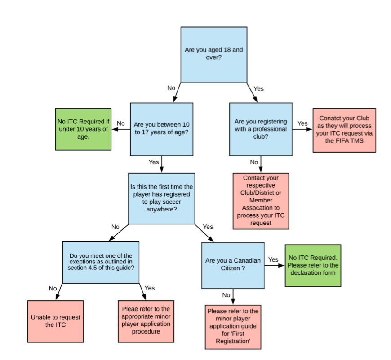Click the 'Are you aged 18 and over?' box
(214, 55)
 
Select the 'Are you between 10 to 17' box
(162, 129)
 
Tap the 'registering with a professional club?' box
(261, 129)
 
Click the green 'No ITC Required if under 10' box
(83, 129)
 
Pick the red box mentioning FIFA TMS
(344, 130)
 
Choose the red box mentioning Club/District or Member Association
(261, 201)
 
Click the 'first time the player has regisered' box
(162, 198)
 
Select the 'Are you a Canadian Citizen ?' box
(233, 265)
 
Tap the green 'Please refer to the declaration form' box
(313, 265)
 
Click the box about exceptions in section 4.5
(101, 262)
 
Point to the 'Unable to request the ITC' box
(55, 321)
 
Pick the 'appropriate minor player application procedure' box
(146, 321)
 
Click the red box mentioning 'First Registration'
(233, 327)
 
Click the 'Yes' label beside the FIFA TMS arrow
(302, 123)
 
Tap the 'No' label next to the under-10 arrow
(121, 123)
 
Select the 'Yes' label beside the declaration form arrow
(273, 259)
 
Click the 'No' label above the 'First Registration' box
(226, 295)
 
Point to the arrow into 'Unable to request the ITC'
(59, 291)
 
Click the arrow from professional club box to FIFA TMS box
(302, 129)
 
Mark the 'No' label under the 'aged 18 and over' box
(171, 88)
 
